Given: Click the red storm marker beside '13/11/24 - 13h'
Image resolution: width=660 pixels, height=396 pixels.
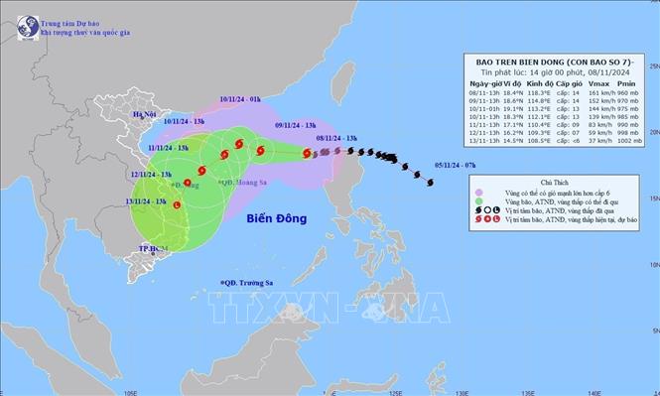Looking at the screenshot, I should pyautogui.click(x=178, y=205).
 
